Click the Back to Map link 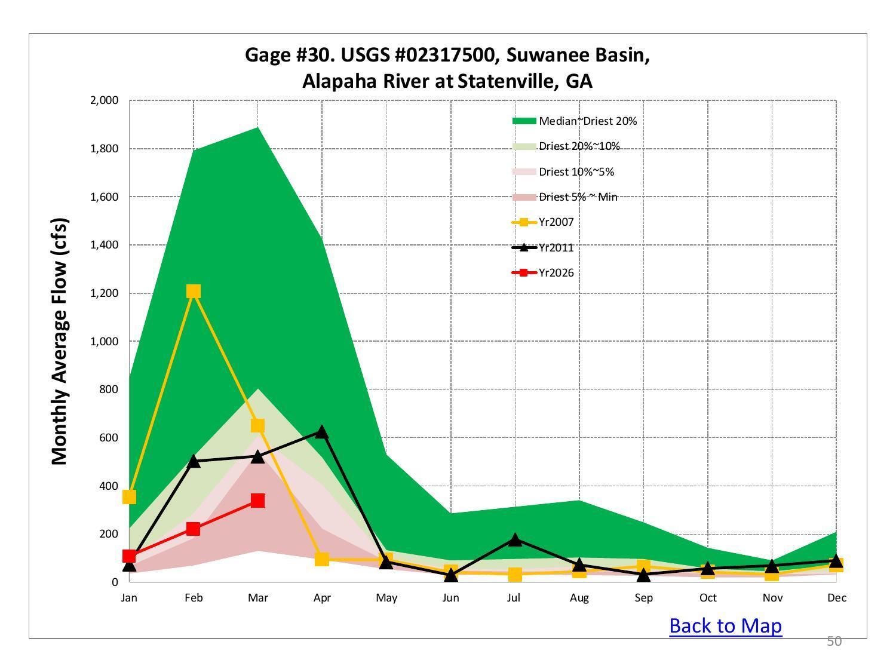coord(725,625)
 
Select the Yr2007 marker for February coord(193,291)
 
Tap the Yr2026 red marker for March coord(257,501)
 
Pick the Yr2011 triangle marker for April coord(322,432)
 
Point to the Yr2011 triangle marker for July coord(515,539)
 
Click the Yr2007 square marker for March coord(257,425)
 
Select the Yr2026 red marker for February coord(193,529)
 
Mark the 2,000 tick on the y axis coord(104,100)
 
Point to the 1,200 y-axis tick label coord(104,293)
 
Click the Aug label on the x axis coord(579,598)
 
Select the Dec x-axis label coord(836,598)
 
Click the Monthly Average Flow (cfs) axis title coord(60,341)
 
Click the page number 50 coord(834,642)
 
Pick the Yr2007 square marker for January coord(129,497)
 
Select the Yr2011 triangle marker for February coord(193,461)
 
